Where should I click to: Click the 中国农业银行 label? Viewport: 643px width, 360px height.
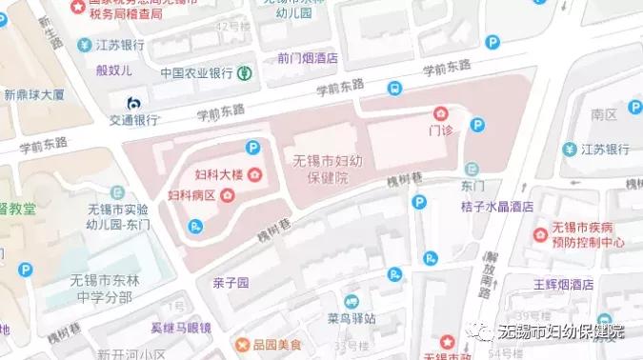[196, 72]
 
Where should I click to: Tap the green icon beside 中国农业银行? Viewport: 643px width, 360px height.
[245, 72]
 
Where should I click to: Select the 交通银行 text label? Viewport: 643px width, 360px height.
[132, 121]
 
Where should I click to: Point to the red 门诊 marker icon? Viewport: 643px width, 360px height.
[440, 113]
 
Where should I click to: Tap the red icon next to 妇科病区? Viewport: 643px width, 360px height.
[228, 195]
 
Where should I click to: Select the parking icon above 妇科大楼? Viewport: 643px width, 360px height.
[253, 148]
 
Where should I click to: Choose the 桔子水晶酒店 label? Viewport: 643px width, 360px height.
[496, 206]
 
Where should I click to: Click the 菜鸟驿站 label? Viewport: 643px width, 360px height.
[352, 318]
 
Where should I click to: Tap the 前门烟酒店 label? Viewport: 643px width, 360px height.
[308, 57]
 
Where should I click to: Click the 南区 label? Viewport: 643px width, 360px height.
[604, 114]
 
